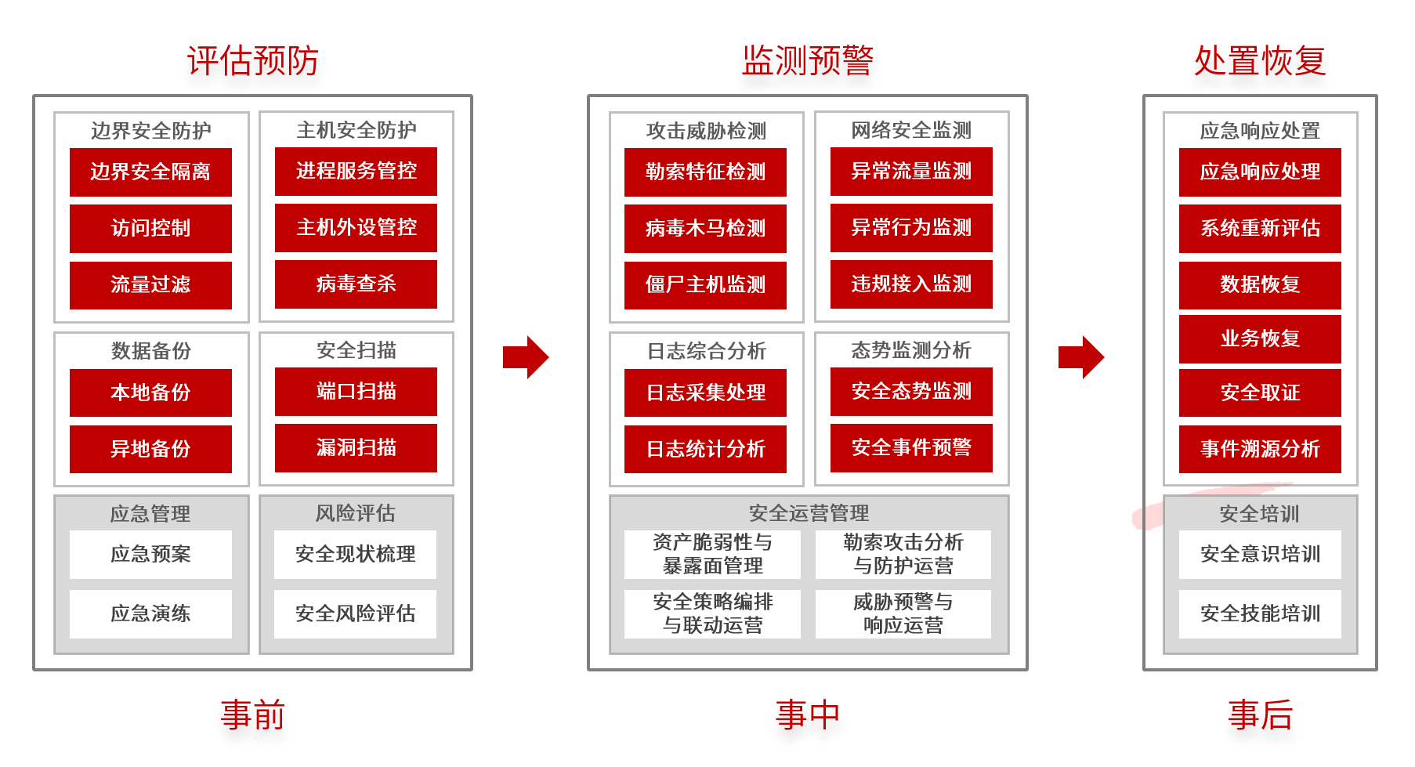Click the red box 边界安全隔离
coord(150,172)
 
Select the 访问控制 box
coord(150,229)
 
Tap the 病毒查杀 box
coord(356,284)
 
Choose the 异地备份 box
coord(150,449)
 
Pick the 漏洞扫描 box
coord(356,448)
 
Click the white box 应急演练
coord(150,613)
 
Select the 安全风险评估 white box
coord(355,613)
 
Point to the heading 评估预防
coord(252,61)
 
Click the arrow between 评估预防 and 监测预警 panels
coord(526,357)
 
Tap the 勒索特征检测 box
coord(705,172)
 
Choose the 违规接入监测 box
coord(911,284)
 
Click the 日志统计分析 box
coord(705,449)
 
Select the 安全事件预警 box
coord(911,448)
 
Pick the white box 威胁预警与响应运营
coord(903,613)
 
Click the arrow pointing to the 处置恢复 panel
coord(1080,357)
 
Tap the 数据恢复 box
coord(1260,285)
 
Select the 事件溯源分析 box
coord(1260,449)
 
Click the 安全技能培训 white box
coord(1260,613)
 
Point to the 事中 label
coord(807,715)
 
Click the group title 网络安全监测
coord(911,130)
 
